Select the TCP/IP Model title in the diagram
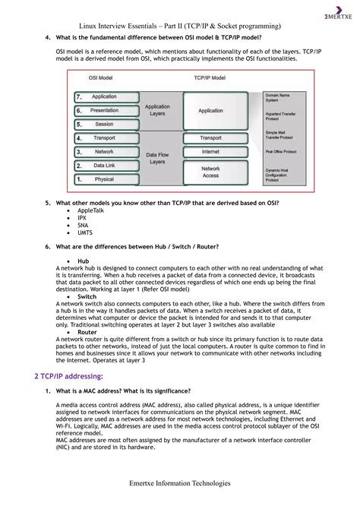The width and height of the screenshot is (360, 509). click(x=210, y=77)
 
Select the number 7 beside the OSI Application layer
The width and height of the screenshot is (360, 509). click(x=79, y=97)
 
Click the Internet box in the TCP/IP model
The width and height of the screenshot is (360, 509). click(x=210, y=151)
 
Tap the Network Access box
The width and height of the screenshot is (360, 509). click(x=210, y=172)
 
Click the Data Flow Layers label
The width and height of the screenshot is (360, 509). click(x=157, y=158)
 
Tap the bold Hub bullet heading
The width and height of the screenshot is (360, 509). click(x=83, y=260)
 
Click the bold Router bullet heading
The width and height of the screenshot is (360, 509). click(x=87, y=332)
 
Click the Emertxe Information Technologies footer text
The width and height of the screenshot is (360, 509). click(x=179, y=482)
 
